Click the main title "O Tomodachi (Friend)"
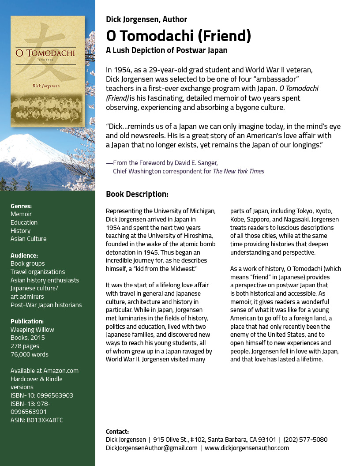tap(179, 36)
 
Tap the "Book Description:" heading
tap(137, 194)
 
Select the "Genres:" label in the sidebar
tap(21, 206)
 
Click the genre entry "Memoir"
tap(21, 214)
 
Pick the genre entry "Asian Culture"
tap(28, 239)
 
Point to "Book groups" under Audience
tap(27, 263)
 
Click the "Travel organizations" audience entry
tap(37, 272)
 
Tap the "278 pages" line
tap(25, 346)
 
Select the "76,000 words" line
tap(30, 354)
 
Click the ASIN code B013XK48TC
tap(37, 420)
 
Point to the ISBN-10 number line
tap(42, 395)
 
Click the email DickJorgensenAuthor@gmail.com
tap(152, 448)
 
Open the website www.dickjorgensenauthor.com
tap(247, 448)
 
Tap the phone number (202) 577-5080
tap(305, 440)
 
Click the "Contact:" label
tap(117, 432)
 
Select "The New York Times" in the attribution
tap(239, 171)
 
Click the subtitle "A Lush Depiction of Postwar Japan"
tap(167, 50)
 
